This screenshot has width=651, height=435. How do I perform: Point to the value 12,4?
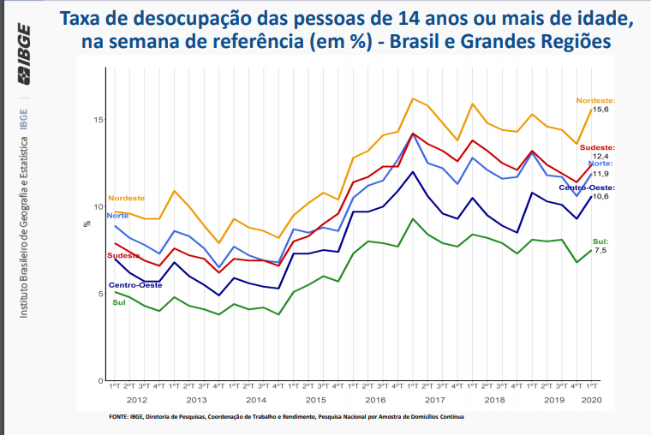600,157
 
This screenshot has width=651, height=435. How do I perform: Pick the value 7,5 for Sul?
600,251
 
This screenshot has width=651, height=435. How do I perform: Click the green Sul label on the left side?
119,302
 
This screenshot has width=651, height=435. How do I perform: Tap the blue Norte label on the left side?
117,215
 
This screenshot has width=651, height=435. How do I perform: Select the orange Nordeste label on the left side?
126,198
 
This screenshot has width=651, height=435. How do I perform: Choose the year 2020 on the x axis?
591,401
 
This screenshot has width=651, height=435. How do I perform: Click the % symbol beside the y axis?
87,223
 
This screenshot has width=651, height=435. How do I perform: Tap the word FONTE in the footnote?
119,417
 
